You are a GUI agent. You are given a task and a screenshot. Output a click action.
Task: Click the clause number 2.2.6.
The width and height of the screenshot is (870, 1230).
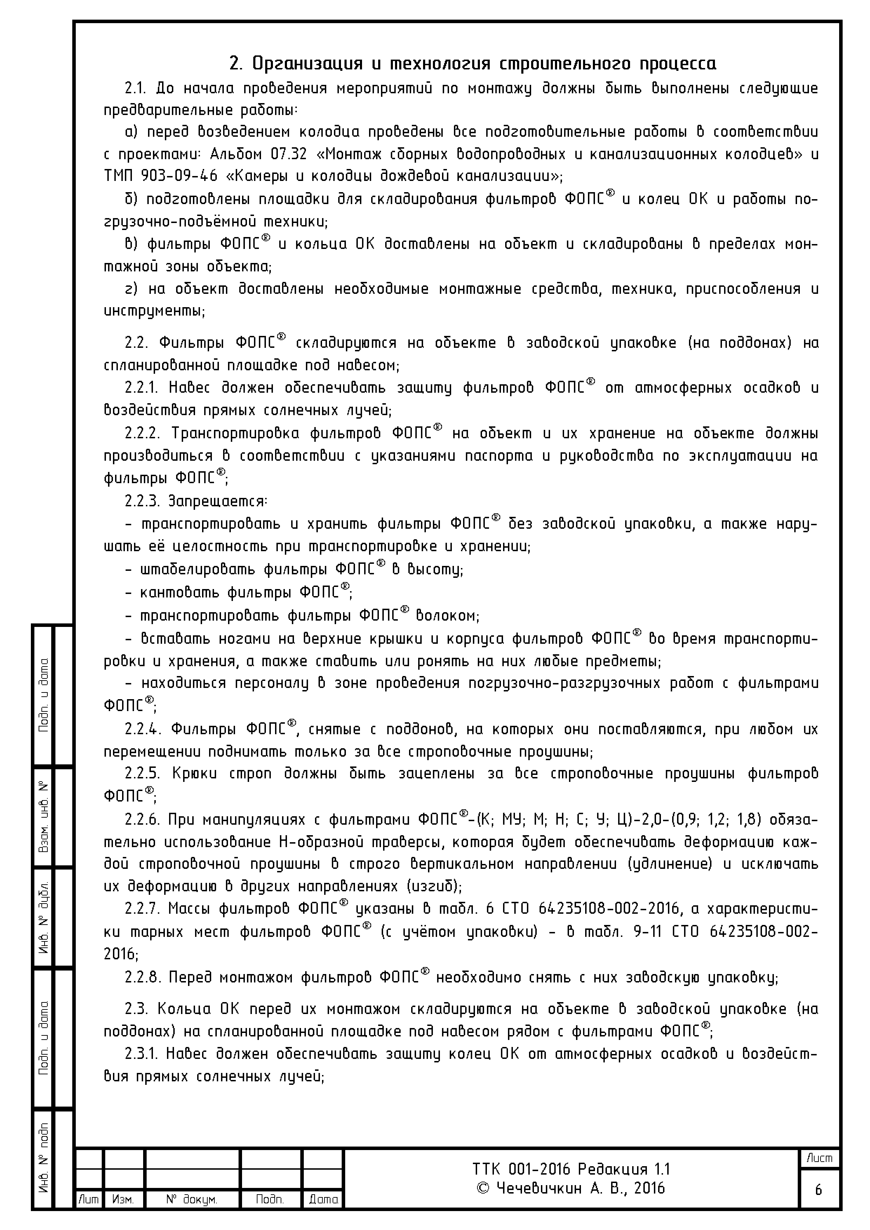[x=142, y=820]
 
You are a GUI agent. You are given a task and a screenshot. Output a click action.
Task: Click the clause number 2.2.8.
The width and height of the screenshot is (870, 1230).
[x=142, y=978]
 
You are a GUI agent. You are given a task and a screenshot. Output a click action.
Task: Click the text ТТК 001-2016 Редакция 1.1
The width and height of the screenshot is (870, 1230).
[x=571, y=1169]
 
